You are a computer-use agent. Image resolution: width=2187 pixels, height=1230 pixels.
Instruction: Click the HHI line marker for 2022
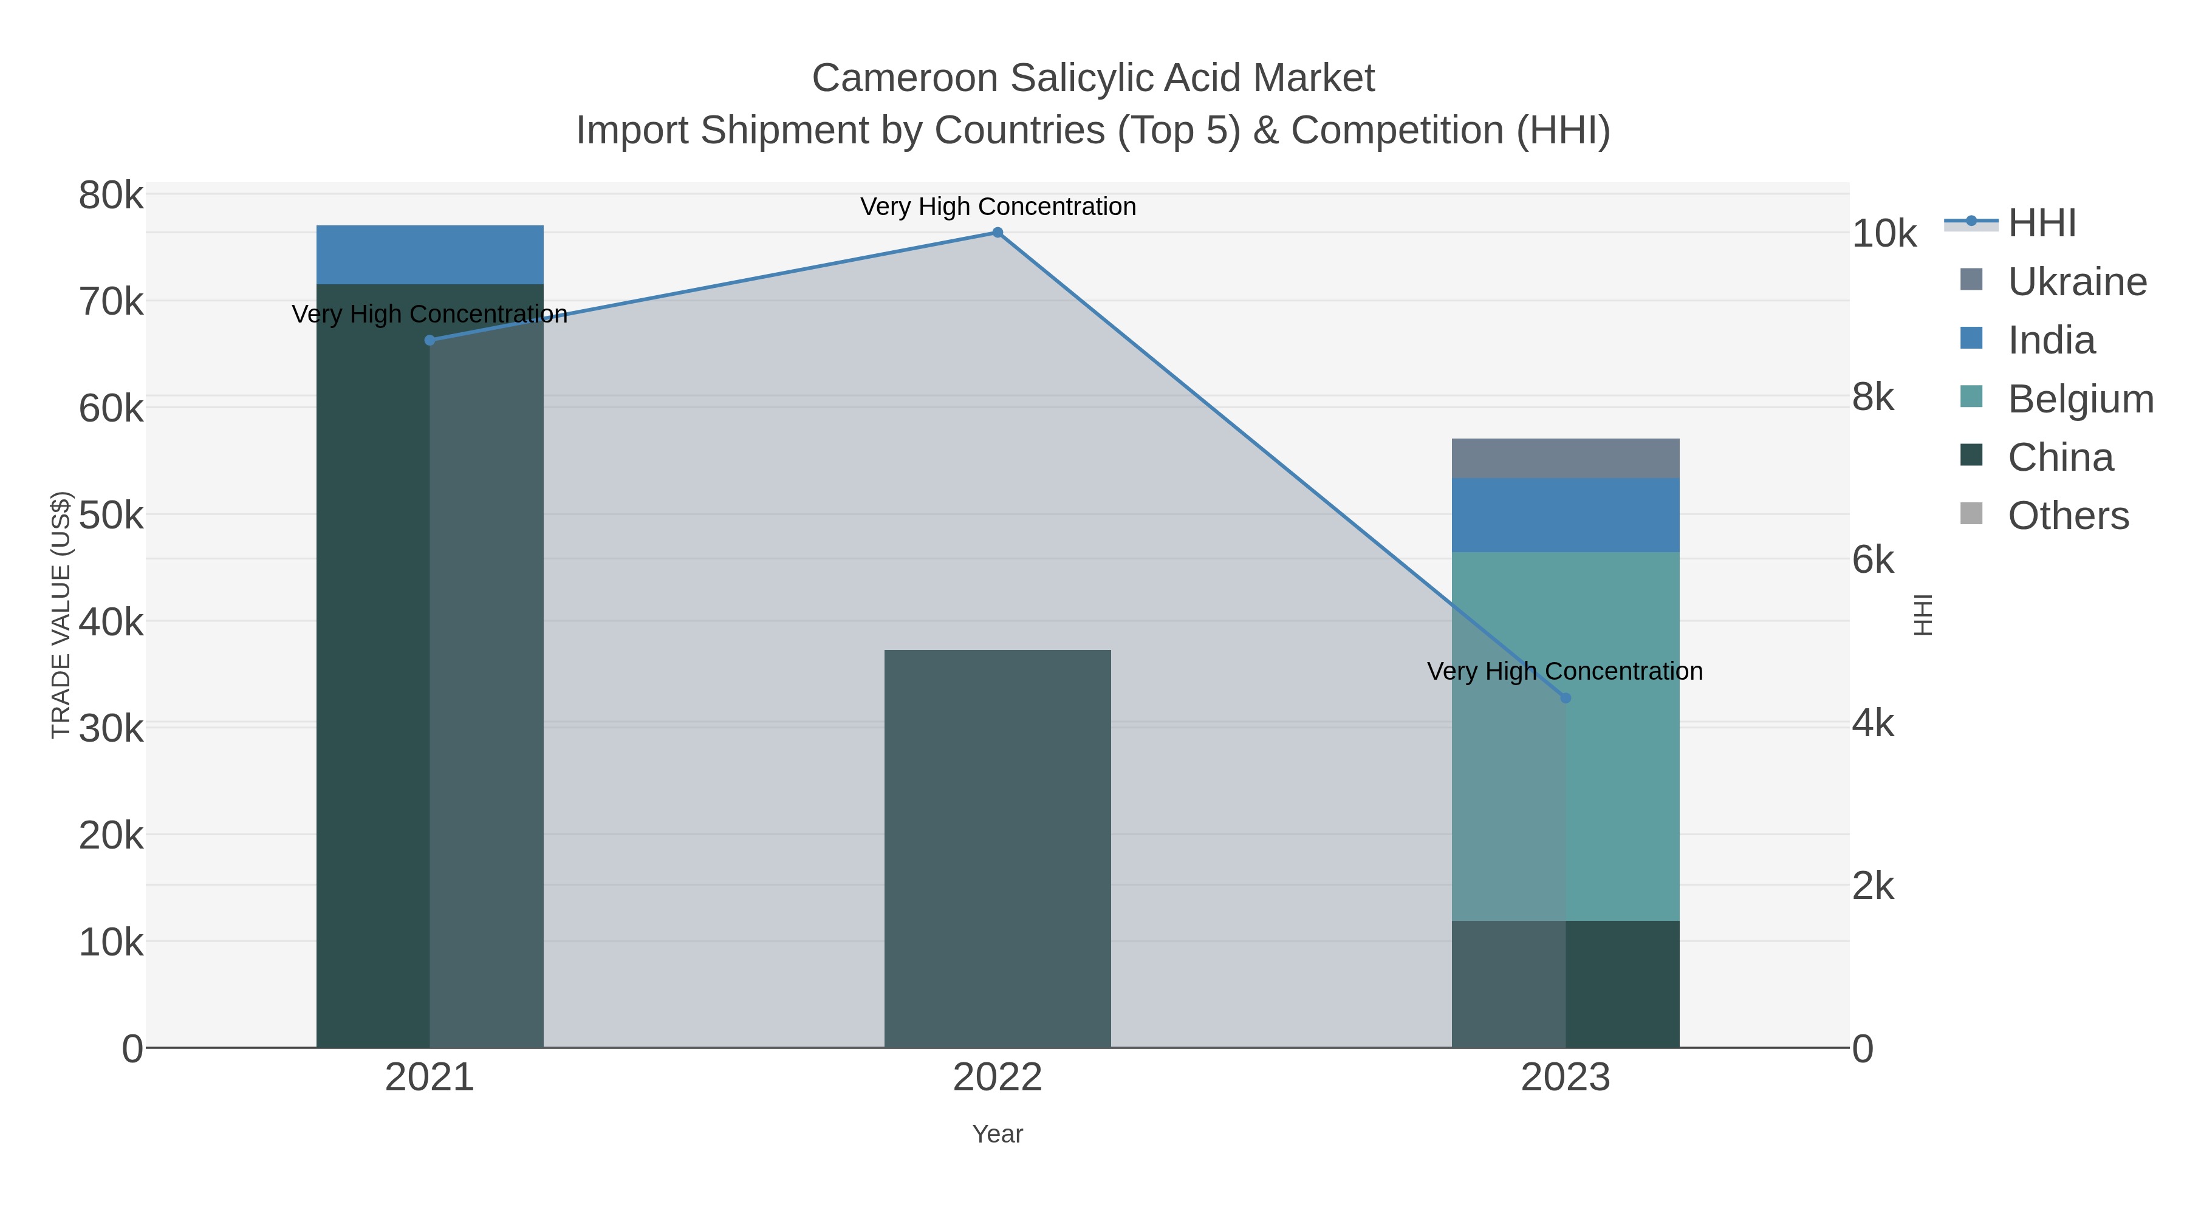998,233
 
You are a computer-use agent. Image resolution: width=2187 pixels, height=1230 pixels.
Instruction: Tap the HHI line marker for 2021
430,340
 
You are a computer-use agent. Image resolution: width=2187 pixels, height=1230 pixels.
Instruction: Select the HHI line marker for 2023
1566,698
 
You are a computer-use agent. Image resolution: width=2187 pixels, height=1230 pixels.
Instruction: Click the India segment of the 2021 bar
430,255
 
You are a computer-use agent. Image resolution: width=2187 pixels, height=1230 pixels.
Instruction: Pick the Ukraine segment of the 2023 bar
1566,459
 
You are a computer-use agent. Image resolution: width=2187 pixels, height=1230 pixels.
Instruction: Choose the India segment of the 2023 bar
1566,515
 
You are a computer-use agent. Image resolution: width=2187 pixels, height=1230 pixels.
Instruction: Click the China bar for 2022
998,849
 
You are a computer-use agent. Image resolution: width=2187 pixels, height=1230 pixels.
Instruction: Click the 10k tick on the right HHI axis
1884,234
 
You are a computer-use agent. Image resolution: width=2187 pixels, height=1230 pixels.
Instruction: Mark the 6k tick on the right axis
1873,560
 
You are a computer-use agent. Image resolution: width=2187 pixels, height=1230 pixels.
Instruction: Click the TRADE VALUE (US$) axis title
61,615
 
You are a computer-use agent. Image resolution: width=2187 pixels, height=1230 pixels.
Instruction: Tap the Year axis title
998,1134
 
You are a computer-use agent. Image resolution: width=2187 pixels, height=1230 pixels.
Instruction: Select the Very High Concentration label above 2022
998,207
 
